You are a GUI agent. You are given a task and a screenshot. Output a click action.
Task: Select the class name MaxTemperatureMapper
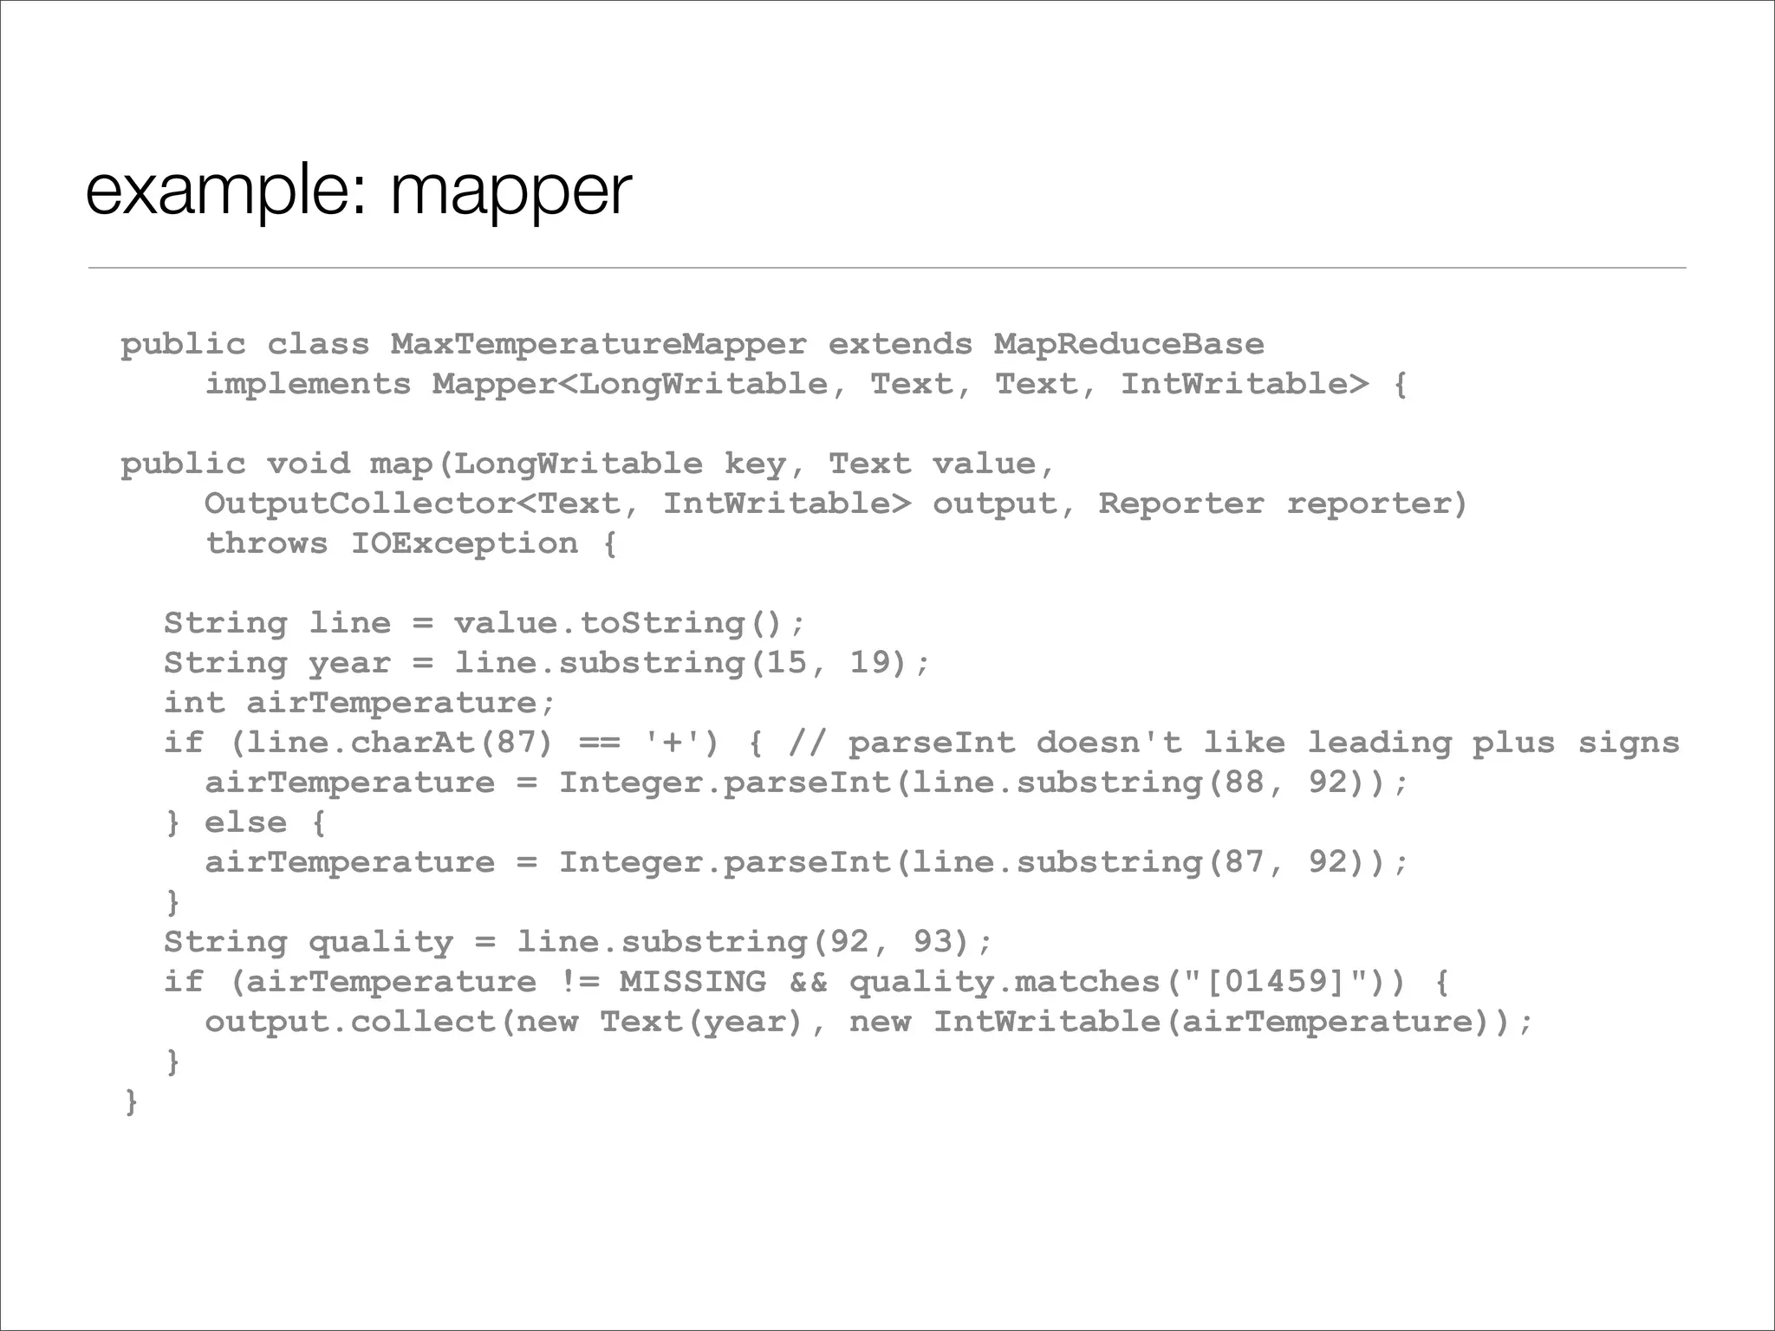[x=598, y=345]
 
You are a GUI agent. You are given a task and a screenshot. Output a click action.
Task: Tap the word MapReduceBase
[x=1128, y=345]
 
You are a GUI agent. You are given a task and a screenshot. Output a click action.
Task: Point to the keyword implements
[x=308, y=384]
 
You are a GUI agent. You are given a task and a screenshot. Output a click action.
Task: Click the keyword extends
[x=900, y=345]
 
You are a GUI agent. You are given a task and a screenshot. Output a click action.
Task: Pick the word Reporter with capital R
[x=1180, y=503]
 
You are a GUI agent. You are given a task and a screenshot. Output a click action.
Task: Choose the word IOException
[x=464, y=543]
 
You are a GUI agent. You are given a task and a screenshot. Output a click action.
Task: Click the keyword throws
[x=266, y=543]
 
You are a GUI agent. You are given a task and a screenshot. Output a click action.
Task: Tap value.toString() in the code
[x=629, y=623]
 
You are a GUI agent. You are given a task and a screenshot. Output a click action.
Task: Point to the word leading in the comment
[x=1378, y=743]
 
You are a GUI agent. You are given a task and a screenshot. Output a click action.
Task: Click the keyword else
[x=245, y=822]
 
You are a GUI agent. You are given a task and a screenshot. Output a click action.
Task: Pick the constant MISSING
[x=692, y=982]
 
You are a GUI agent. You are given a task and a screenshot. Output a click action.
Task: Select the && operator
[x=808, y=982]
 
